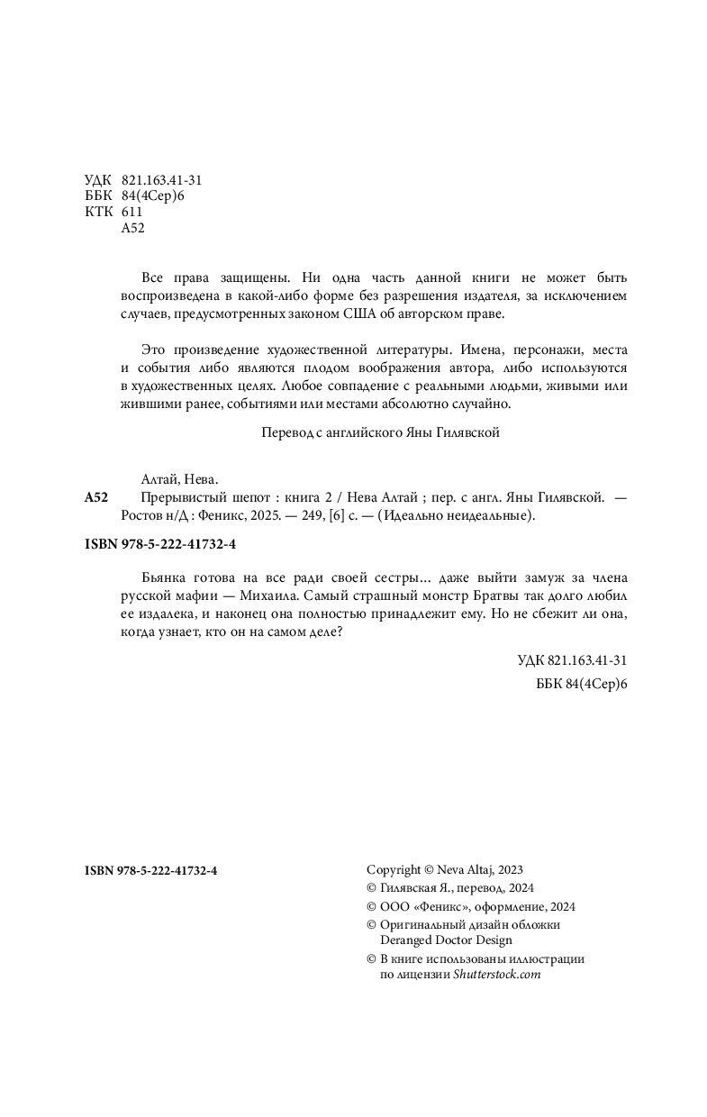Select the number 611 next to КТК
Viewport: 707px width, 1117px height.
pyautogui.click(x=131, y=212)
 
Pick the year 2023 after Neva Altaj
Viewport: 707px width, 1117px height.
pyautogui.click(x=509, y=869)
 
